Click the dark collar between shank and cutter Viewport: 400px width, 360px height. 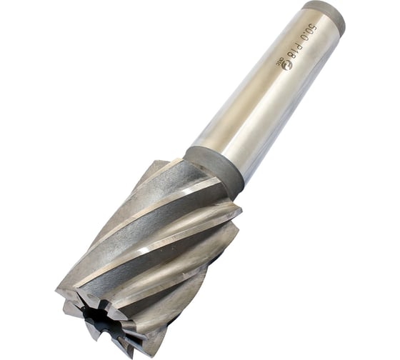coord(214,169)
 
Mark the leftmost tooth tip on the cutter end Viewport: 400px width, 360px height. coord(59,291)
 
